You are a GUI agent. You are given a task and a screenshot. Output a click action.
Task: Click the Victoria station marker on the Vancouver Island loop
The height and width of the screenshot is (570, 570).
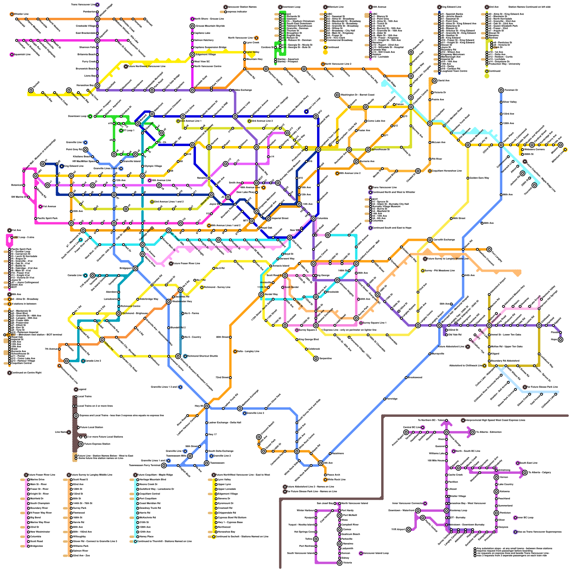pos(340,563)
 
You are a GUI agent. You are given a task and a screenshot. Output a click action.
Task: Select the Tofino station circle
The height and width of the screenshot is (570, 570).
pos(316,539)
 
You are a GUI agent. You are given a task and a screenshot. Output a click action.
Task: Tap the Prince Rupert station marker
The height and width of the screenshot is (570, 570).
pos(406,432)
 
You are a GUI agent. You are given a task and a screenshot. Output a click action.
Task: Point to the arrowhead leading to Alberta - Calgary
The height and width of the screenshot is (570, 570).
pos(524,473)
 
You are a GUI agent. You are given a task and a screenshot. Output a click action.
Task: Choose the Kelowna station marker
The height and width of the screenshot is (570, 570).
pos(496,492)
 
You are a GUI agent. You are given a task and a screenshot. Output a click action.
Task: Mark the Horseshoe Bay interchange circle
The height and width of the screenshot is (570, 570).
pos(97,85)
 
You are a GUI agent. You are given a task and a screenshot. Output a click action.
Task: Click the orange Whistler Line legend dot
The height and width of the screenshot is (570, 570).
pos(12,14)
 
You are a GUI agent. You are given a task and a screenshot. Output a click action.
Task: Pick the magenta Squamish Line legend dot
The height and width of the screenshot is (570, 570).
pos(12,55)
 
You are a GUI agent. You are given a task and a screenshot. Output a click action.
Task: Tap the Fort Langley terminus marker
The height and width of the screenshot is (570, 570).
pos(489,249)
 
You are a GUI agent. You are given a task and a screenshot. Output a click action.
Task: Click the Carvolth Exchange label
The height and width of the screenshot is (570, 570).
pos(444,240)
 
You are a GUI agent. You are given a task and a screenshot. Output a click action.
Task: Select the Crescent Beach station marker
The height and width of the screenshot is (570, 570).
pos(259,437)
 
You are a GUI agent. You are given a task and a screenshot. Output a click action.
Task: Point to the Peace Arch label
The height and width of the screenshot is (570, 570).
pos(333,475)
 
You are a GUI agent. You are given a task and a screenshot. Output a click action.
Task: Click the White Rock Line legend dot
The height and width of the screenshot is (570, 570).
pos(325,480)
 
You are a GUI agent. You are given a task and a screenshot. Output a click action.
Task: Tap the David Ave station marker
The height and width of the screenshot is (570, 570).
pos(435,81)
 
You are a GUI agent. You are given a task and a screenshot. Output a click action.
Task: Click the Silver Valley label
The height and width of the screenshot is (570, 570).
pos(509,102)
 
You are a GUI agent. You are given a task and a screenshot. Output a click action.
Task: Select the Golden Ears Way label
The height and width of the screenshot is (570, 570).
pos(479,178)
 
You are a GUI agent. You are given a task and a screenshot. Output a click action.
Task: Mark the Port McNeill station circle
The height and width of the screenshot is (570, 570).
pos(340,515)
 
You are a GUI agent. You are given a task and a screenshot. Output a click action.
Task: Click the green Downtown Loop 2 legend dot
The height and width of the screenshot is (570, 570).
pos(90,116)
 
